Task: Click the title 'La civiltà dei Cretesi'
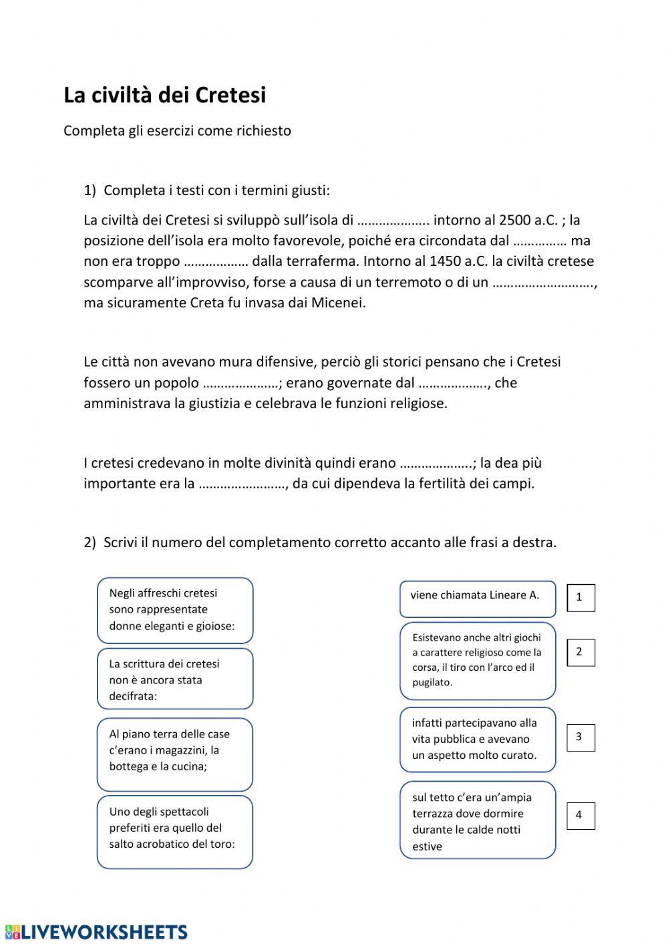pyautogui.click(x=164, y=96)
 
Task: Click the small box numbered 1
pyautogui.click(x=580, y=598)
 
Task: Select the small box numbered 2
pyautogui.click(x=580, y=652)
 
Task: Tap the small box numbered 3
pyautogui.click(x=580, y=738)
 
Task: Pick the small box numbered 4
pyautogui.click(x=580, y=815)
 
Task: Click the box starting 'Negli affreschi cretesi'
pyautogui.click(x=175, y=610)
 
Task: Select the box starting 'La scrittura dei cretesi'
pyautogui.click(x=175, y=679)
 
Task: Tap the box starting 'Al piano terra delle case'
pyautogui.click(x=175, y=754)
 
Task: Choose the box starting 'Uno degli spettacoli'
pyautogui.click(x=175, y=831)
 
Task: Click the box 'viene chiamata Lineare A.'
pyautogui.click(x=477, y=598)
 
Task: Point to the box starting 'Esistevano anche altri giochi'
pyautogui.click(x=477, y=660)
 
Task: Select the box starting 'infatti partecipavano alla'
pyautogui.click(x=477, y=739)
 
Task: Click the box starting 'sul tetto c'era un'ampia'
pyautogui.click(x=477, y=820)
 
